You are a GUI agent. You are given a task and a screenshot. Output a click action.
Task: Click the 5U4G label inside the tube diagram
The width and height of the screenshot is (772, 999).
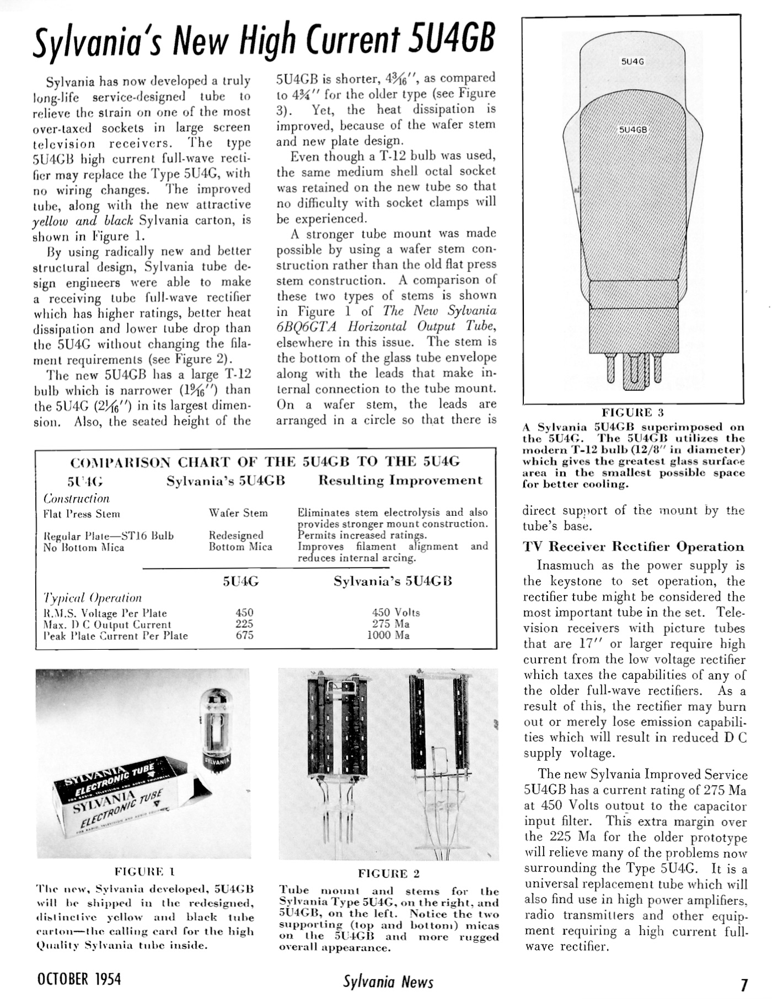click(x=632, y=62)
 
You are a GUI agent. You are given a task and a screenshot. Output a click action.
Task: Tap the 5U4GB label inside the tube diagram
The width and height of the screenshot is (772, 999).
click(x=632, y=130)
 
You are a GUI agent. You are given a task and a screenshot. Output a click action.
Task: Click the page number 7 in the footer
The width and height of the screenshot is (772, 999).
click(x=744, y=985)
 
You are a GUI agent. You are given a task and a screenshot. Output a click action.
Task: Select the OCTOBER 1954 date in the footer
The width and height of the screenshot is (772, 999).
click(x=79, y=979)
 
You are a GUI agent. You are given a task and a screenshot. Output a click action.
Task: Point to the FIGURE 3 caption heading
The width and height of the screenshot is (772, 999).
click(x=632, y=412)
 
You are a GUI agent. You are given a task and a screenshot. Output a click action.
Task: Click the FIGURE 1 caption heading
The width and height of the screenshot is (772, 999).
click(x=144, y=872)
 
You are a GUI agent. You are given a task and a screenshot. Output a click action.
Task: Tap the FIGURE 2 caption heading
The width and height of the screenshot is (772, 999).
click(x=389, y=873)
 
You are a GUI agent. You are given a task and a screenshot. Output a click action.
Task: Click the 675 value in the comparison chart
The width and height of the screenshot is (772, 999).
click(x=244, y=635)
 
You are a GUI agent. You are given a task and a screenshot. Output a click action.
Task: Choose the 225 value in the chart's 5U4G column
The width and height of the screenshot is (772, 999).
click(x=244, y=624)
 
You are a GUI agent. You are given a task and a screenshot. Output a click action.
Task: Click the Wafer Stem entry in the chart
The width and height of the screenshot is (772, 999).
click(x=238, y=513)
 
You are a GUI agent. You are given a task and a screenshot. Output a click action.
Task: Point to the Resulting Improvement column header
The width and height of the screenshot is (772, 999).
click(x=400, y=480)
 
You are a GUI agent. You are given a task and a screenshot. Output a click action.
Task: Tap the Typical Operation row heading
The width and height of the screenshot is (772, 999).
click(x=93, y=598)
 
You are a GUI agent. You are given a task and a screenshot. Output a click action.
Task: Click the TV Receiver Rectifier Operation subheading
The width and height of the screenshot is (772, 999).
click(x=634, y=547)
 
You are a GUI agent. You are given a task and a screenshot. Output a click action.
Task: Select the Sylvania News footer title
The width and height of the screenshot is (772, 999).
click(x=388, y=981)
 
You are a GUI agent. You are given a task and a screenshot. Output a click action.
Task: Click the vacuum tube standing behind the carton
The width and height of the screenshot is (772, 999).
click(x=217, y=727)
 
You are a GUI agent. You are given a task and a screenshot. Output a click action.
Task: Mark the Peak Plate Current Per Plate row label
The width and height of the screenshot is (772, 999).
click(x=116, y=636)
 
